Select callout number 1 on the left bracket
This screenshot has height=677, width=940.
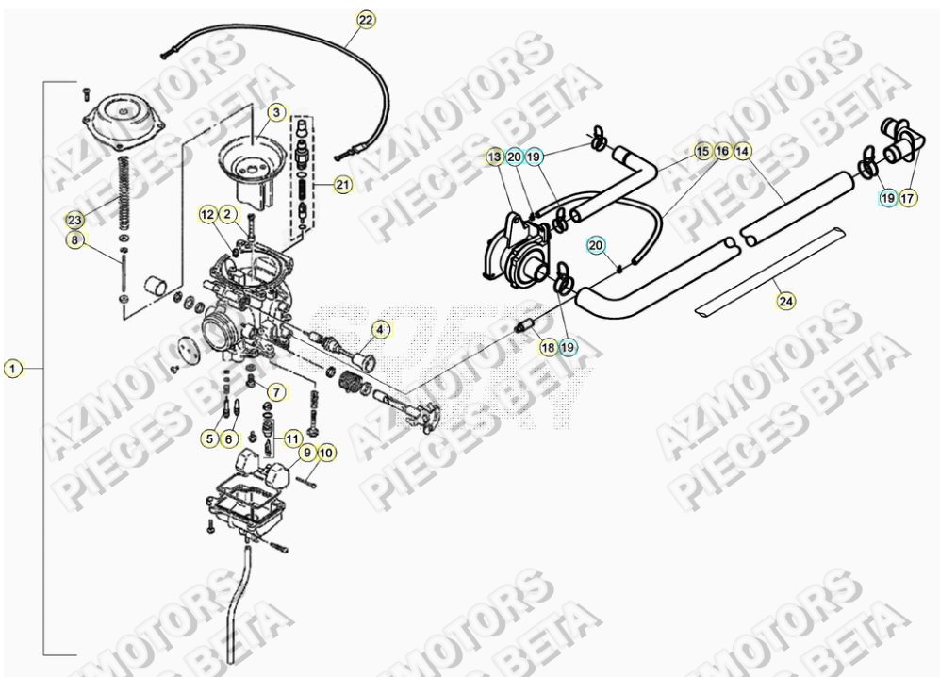(12, 368)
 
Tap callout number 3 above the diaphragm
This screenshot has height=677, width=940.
(275, 112)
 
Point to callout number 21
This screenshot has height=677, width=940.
(341, 186)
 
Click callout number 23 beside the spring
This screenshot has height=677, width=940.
(74, 220)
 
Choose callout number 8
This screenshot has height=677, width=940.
(74, 241)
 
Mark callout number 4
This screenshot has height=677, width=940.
(380, 329)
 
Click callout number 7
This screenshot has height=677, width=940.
(275, 391)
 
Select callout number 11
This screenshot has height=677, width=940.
(293, 438)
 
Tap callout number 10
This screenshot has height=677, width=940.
(325, 454)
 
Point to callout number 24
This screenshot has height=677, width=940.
(785, 301)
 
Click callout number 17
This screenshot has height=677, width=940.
(907, 199)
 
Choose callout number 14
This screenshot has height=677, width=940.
(743, 150)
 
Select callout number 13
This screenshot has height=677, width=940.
(494, 157)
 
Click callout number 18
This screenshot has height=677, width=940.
(548, 347)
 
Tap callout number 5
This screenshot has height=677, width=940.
(208, 438)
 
